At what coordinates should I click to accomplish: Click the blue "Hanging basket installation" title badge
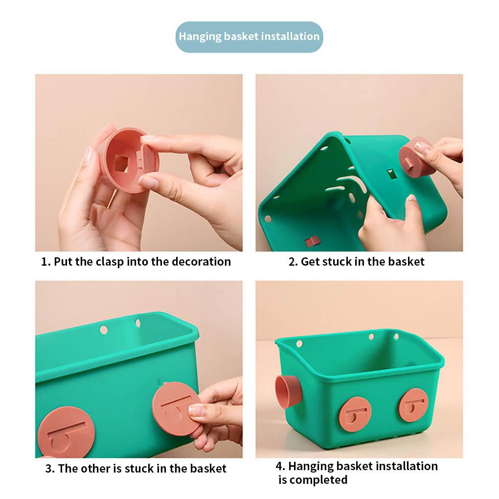249,37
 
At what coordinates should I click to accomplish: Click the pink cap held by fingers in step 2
416,158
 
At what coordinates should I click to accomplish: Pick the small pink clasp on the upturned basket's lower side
312,241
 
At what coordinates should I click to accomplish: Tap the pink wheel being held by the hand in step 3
175,408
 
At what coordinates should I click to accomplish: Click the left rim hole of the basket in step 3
104,330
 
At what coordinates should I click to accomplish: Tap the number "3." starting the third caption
50,469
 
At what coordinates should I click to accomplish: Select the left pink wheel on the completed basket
355,414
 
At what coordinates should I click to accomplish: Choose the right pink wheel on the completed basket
413,405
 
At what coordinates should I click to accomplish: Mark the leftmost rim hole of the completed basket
299,343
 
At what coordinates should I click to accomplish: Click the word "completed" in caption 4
313,480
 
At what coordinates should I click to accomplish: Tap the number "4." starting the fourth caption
280,466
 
